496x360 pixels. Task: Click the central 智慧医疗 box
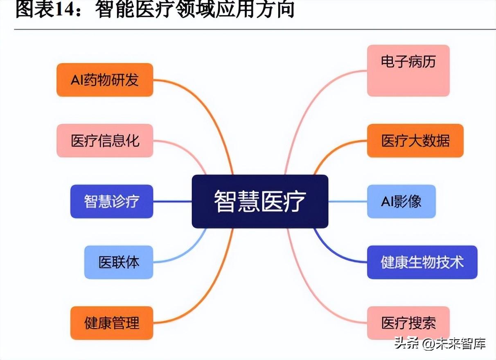coord(260,201)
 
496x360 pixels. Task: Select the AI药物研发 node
coord(105,80)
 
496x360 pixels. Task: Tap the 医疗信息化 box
coord(105,141)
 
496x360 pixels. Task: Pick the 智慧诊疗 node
coord(112,201)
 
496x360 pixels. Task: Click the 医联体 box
coord(119,262)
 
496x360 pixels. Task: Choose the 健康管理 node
coord(112,323)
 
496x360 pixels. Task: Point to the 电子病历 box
coord(408,71)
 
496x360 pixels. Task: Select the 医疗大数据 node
coord(415,141)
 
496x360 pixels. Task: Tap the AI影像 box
coord(401,201)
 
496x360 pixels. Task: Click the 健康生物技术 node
coord(422,262)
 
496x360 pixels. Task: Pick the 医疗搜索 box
coord(408,323)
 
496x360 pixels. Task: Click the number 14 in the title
coord(64,10)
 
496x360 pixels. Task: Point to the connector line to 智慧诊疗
coord(172,201)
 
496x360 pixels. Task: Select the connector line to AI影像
coord(347,201)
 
